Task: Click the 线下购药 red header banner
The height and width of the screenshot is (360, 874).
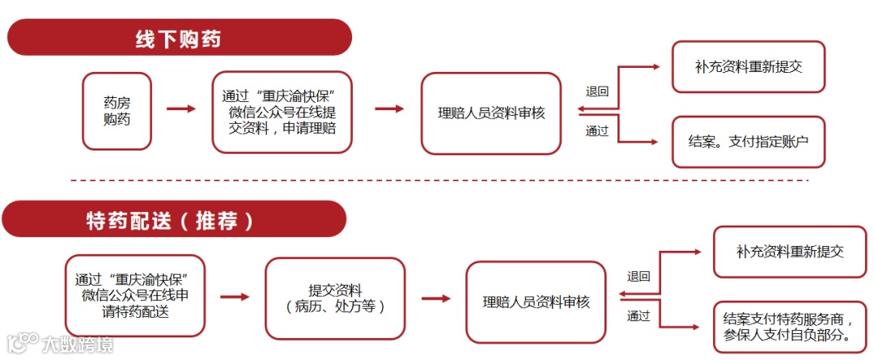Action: coord(179,37)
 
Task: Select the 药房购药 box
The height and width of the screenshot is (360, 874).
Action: coord(117,111)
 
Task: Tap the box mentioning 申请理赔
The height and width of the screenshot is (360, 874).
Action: coord(282,112)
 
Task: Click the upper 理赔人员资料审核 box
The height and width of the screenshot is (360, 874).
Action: coord(490,113)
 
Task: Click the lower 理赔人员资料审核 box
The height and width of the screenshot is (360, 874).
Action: coord(536,302)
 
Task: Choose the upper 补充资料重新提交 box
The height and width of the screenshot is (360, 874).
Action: coord(748,67)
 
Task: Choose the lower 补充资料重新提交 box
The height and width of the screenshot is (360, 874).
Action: coord(790,252)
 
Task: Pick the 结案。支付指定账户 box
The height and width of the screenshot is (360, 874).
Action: coord(748,141)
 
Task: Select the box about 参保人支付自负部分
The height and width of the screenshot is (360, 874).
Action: coord(790,327)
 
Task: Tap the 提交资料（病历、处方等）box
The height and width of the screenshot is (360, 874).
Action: coord(335,299)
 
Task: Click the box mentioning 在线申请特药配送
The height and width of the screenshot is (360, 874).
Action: coord(135,295)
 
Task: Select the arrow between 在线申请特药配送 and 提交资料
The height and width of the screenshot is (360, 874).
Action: coord(235,297)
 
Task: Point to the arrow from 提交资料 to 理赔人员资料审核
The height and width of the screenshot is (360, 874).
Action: coord(436,299)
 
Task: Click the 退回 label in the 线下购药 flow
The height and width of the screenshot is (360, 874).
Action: coord(597,91)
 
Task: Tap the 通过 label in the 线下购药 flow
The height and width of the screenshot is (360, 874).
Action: coord(597,130)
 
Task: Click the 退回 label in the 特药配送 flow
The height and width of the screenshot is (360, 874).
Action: coord(639,276)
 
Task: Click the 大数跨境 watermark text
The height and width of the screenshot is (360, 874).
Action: coord(78,345)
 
